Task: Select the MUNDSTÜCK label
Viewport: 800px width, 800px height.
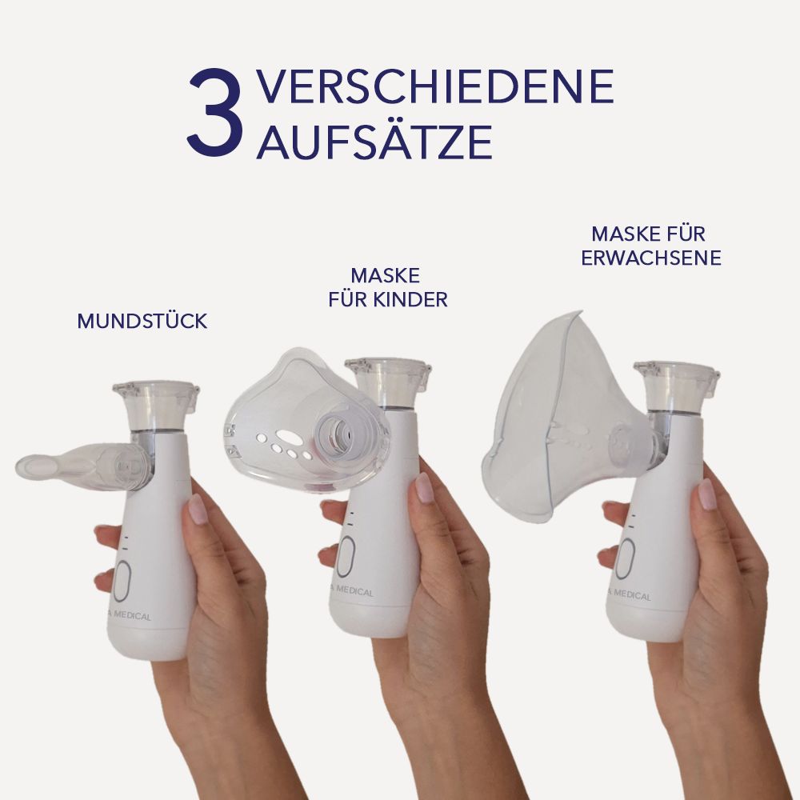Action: click(142, 322)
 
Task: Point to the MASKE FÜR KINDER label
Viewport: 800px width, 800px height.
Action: click(388, 288)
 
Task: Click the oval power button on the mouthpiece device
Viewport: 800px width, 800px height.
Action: click(122, 582)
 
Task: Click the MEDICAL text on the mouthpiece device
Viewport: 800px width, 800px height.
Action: click(132, 617)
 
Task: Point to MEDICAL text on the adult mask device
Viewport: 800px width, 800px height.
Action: click(630, 596)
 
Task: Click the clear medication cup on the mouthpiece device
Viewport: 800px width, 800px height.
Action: click(156, 404)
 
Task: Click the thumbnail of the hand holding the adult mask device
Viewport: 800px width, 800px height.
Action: click(707, 494)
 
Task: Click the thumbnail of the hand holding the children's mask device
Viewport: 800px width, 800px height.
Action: click(424, 487)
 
